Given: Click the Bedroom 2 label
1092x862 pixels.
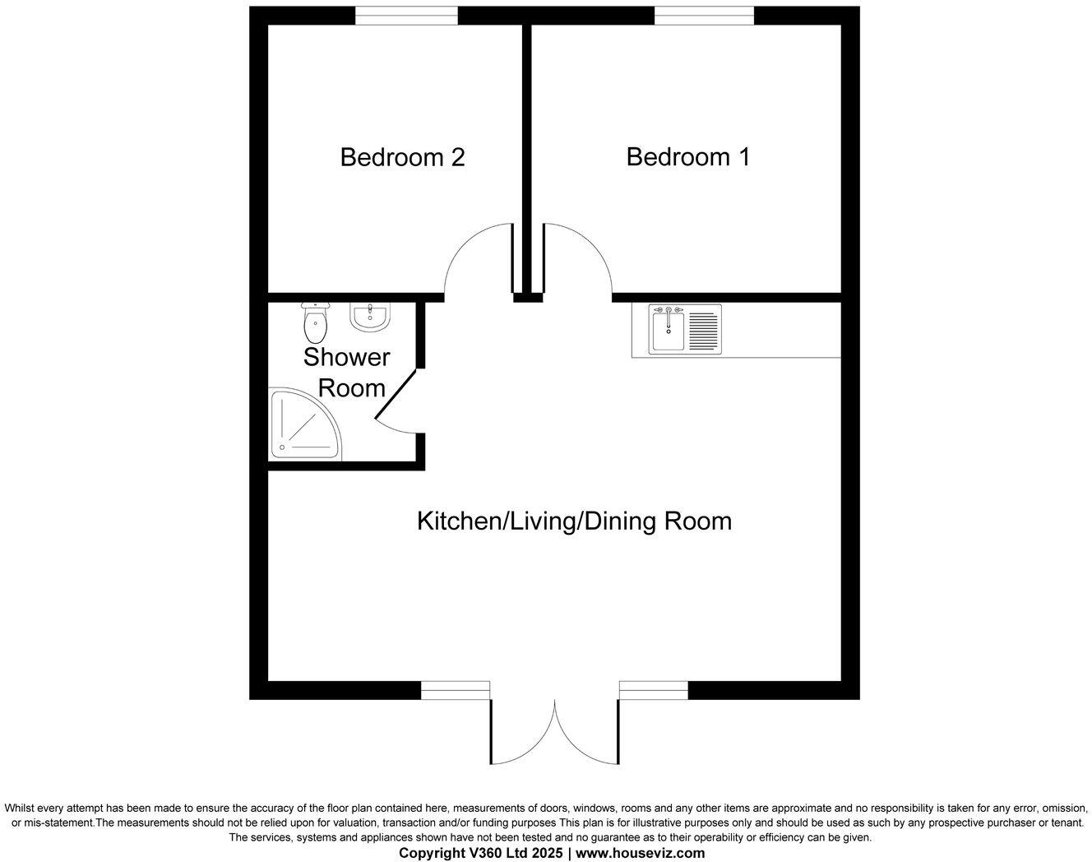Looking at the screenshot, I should (402, 156).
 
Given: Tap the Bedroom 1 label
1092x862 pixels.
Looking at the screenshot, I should (687, 156).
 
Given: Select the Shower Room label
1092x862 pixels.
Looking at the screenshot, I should (346, 372).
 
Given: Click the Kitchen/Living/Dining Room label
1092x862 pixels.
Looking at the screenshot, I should (574, 521).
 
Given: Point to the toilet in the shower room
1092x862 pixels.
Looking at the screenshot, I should (315, 323).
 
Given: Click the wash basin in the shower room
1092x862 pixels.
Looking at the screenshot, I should (370, 317).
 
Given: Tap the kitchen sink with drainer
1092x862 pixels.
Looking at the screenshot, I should (685, 329).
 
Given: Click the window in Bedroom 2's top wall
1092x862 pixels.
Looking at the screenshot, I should (406, 16).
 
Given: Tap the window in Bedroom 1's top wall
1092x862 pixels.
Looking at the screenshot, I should (704, 16).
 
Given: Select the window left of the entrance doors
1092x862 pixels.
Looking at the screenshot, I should (456, 690).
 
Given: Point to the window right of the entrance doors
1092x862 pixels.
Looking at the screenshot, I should (654, 690).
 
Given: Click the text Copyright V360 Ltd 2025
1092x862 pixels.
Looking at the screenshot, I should (481, 853).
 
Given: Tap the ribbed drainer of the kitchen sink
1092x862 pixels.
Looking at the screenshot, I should (703, 329).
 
